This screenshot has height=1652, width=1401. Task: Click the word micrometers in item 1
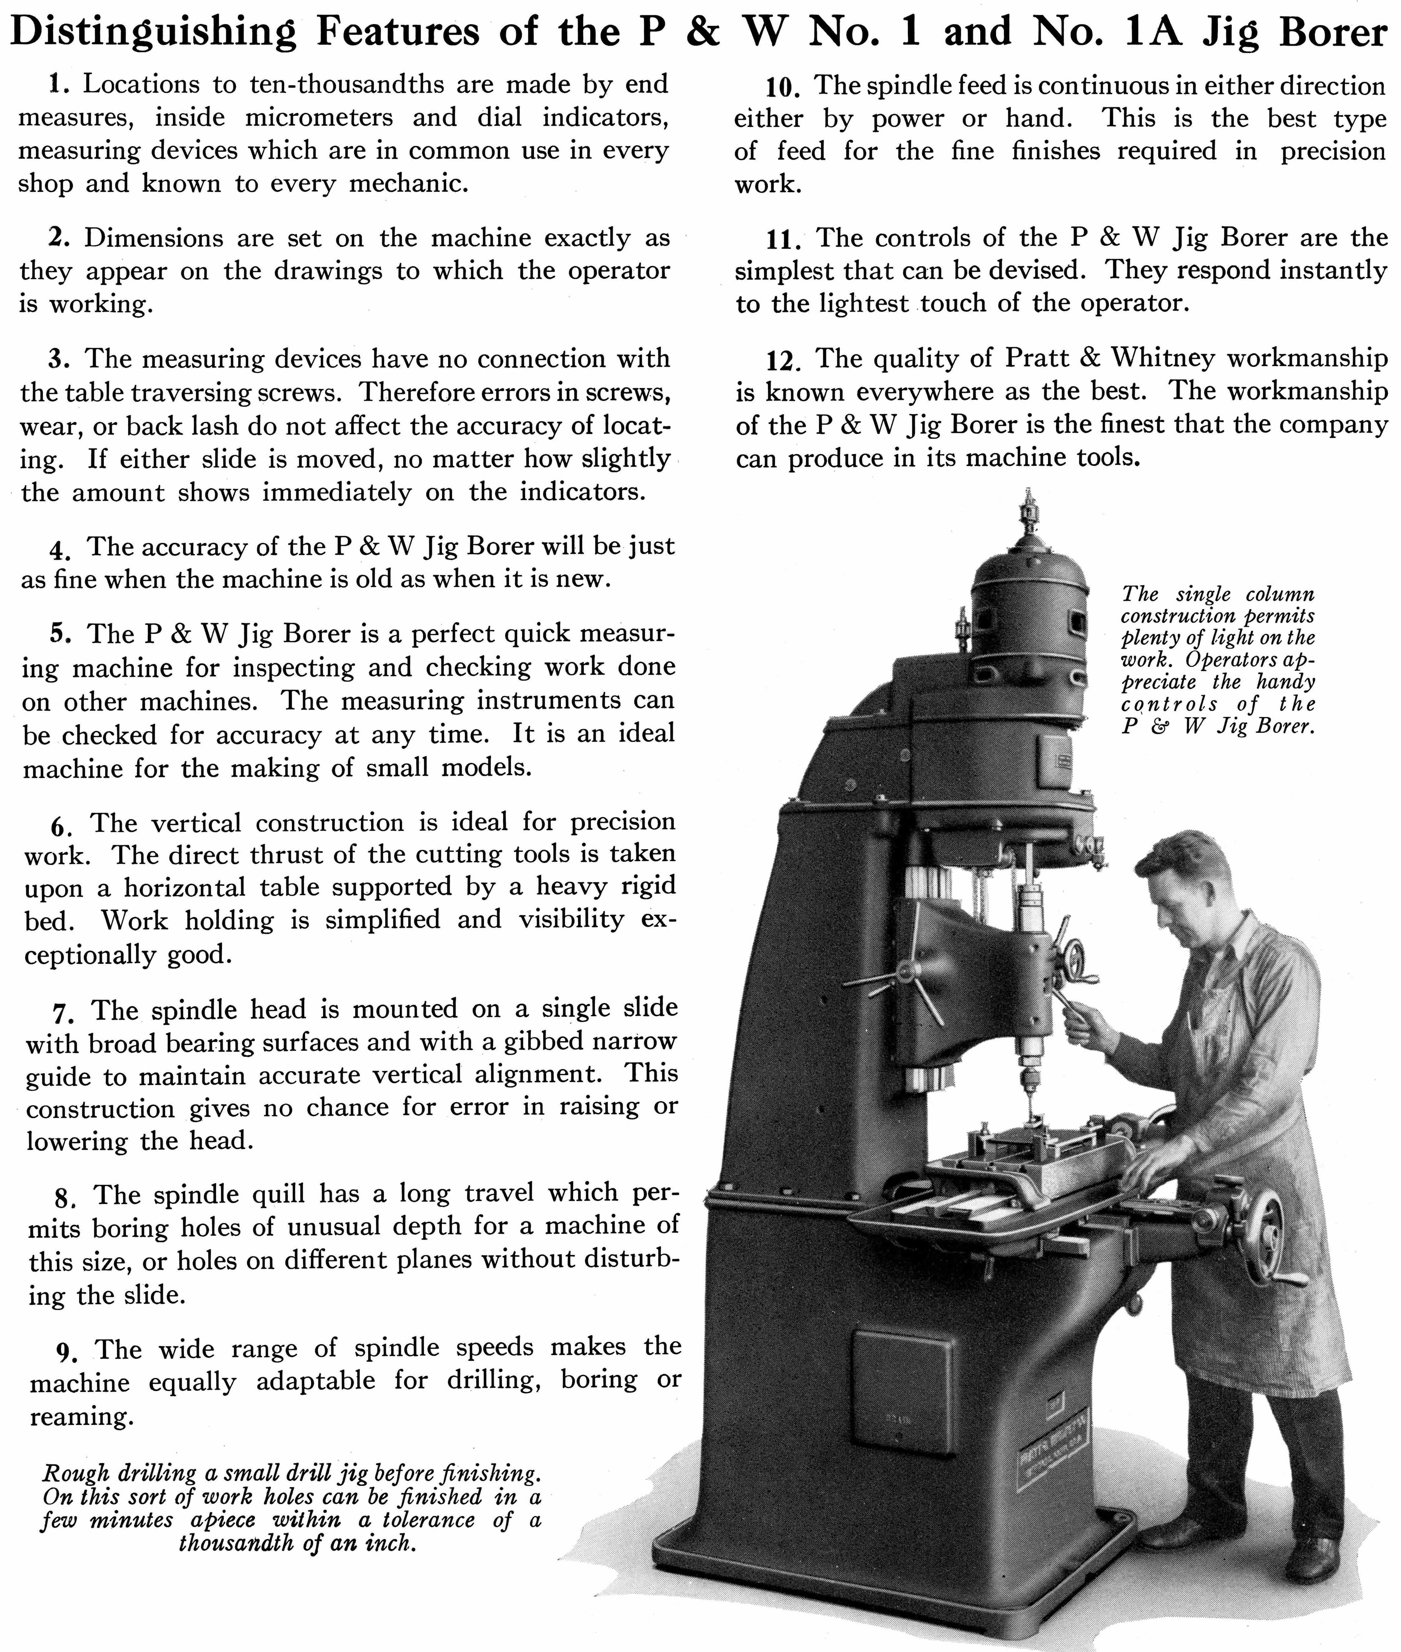pyautogui.click(x=319, y=118)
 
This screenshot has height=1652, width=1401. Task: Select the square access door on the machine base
pyautogui.click(x=904, y=1387)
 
